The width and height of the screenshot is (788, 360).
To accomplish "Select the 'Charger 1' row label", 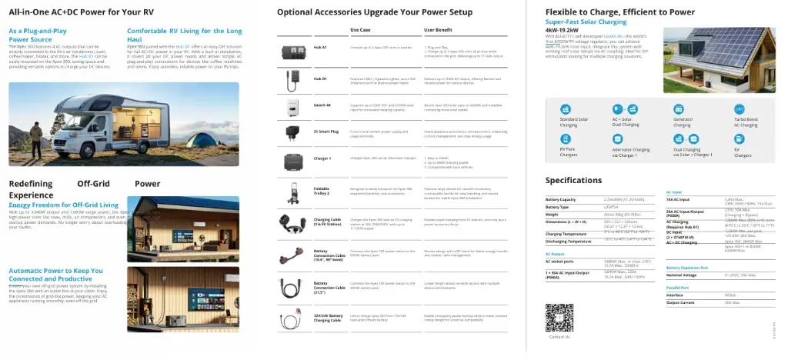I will coord(322,158).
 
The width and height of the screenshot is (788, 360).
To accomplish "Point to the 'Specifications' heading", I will coord(573,180).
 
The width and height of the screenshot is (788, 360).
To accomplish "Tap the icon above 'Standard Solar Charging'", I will coord(569,108).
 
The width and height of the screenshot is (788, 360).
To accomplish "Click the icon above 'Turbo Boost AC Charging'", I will coord(740,108).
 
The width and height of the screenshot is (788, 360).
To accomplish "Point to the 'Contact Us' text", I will coord(559,337).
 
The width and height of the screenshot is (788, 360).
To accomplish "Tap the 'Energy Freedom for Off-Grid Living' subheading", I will coord(63,205).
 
